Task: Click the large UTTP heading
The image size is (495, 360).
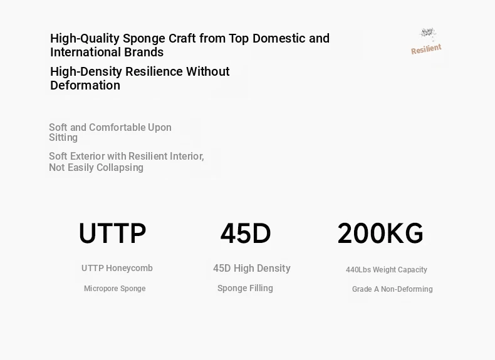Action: [x=112, y=234]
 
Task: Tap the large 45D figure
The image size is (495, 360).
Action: [x=246, y=234]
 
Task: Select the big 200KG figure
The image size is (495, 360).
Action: [x=380, y=234]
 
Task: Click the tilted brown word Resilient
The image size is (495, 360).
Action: [x=426, y=49]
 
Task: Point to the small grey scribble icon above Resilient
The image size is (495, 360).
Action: [x=428, y=33]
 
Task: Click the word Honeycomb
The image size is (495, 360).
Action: [x=129, y=268]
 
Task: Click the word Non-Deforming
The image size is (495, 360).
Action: [x=407, y=289]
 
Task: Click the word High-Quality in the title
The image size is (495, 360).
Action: [x=85, y=38]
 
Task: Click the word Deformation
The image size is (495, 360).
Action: [x=85, y=85]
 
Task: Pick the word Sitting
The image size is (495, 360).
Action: [x=63, y=138]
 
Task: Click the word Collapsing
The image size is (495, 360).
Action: [x=120, y=168]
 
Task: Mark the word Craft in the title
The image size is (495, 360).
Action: [x=182, y=38]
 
